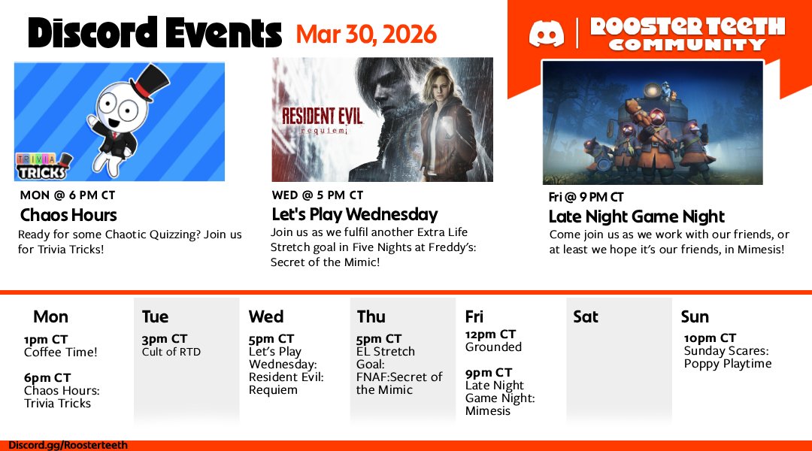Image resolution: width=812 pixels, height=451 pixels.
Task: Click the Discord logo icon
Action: pos(547,35)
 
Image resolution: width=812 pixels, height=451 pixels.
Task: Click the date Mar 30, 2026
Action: pos(366,34)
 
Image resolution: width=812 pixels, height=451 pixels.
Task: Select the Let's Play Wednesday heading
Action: pos(354,215)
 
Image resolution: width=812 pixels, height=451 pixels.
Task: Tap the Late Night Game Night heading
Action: pos(636,217)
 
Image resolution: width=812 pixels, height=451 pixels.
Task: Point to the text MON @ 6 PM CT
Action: pos(67,195)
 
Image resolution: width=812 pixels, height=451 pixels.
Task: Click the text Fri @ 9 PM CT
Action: pos(586,198)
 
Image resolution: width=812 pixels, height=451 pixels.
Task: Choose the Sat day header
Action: pos(586,316)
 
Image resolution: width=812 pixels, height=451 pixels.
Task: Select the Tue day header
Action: pos(155,316)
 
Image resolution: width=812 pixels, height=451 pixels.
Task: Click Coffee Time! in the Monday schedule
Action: pos(61,352)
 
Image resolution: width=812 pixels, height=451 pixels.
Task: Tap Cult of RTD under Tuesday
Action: pos(171,352)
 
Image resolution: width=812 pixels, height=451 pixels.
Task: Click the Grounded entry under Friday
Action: pos(493,347)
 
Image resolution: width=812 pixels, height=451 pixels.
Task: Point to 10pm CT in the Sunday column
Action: pos(710,338)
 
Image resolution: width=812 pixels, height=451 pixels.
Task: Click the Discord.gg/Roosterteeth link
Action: pos(68,445)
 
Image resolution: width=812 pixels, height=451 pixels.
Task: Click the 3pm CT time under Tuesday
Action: pos(165,339)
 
